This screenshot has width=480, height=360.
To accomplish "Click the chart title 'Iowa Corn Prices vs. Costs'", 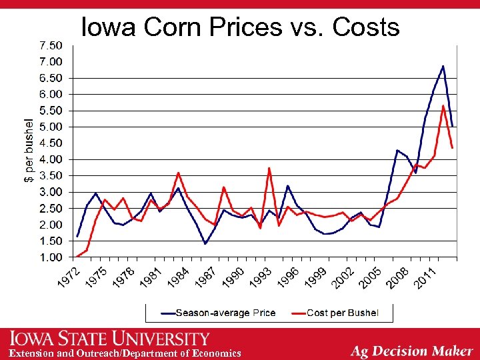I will (240, 27).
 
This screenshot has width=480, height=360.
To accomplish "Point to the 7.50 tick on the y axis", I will (51, 45).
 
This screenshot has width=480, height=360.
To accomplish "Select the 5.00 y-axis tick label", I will (51, 127).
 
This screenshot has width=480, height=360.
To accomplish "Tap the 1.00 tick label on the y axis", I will (51, 257).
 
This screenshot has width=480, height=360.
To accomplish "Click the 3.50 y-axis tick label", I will (51, 175).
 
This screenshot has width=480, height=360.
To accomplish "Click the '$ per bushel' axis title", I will (29, 151).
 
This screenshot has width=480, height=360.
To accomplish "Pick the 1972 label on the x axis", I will (69, 277).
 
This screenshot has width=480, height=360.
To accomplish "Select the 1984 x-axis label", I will (178, 277).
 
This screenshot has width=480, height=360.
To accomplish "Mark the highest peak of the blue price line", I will (443, 66).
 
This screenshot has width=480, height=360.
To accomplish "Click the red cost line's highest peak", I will (443, 105).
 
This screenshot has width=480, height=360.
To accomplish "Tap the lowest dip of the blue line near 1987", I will (205, 243).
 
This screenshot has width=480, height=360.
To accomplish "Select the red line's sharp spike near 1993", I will (269, 168).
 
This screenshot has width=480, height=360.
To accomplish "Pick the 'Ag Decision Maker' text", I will (412, 351).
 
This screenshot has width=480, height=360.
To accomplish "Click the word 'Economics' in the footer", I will (217, 353).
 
